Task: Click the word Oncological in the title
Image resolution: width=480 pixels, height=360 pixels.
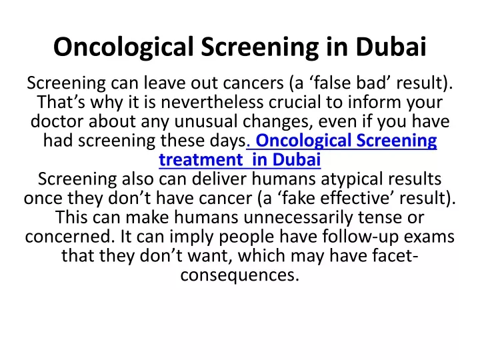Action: (x=124, y=47)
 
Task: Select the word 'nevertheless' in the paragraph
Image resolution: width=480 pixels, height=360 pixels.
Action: (x=212, y=102)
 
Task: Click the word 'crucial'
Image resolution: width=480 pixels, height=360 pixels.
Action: (x=295, y=102)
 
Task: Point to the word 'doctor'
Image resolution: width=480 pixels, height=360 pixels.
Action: (x=57, y=121)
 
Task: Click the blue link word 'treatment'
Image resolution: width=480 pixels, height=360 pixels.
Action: (x=201, y=160)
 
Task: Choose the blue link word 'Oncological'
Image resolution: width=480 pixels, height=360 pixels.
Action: (x=303, y=141)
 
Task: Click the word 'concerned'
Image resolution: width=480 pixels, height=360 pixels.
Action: (x=70, y=237)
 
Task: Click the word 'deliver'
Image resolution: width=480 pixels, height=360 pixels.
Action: (x=219, y=179)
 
